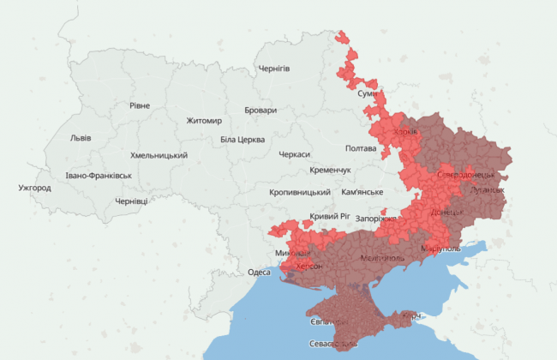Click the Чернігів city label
pyautogui.click(x=274, y=69)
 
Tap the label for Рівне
pyautogui.click(x=139, y=105)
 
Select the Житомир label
pyautogui.click(x=204, y=121)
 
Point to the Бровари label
pyautogui.click(x=261, y=111)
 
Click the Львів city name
pyautogui.click(x=81, y=138)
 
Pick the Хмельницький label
pyautogui.click(x=159, y=155)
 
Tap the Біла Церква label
pyautogui.click(x=243, y=140)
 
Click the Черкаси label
pyautogui.click(x=296, y=155)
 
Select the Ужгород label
pyautogui.click(x=34, y=188)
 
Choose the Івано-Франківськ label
pyautogui.click(x=99, y=176)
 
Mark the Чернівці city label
pyautogui.click(x=131, y=201)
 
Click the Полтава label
pyautogui.click(x=361, y=148)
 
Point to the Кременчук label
pyautogui.click(x=331, y=171)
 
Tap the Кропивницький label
pyautogui.click(x=300, y=193)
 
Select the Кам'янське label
pyautogui.click(x=362, y=192)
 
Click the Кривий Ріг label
pyautogui.click(x=329, y=217)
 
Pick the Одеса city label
pyautogui.click(x=259, y=272)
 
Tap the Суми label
pyautogui.click(x=368, y=93)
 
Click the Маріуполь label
pyautogui.click(x=440, y=249)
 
